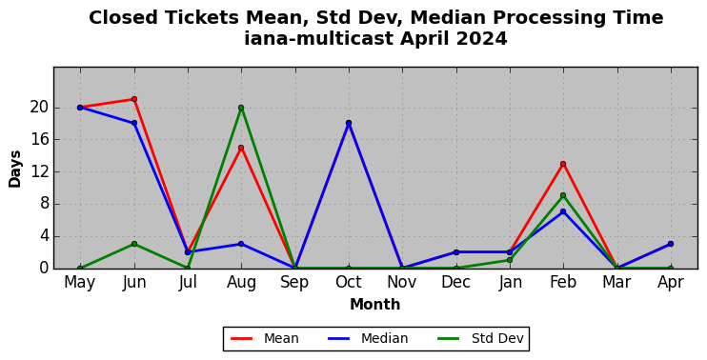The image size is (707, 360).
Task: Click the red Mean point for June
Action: pos(134,99)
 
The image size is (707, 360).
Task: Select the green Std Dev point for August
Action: pos(241,108)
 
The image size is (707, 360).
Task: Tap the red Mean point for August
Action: pos(241,148)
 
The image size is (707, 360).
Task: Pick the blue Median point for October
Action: pos(349,123)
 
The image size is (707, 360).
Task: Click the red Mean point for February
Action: pos(563,164)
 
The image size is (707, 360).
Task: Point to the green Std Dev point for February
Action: pos(563,195)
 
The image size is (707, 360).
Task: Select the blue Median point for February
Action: pos(563,211)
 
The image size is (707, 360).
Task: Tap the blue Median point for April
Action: pos(671,244)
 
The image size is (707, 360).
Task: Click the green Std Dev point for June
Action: pos(134,244)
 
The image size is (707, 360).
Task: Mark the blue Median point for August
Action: pos(241,244)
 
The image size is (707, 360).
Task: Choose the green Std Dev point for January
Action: pos(510,260)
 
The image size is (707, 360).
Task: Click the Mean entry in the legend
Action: pos(265,338)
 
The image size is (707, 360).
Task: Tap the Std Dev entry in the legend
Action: pos(480,338)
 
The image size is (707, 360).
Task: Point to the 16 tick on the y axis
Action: pos(37,140)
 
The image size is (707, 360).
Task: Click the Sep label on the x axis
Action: pos(294,283)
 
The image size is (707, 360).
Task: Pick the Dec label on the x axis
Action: pos(455,283)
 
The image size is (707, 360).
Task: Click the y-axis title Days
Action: pos(15,169)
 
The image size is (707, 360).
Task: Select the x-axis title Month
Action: pos(375,305)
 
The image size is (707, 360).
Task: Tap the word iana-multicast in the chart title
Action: pos(319,39)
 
